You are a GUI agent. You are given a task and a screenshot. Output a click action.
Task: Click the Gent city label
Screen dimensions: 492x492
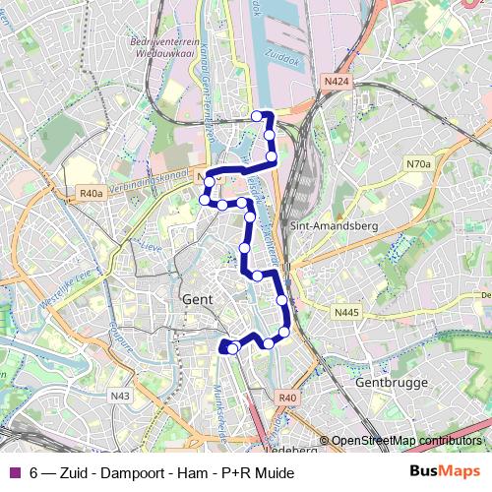coord(198,298)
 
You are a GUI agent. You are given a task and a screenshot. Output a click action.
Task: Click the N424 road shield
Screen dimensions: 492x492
coord(336,82)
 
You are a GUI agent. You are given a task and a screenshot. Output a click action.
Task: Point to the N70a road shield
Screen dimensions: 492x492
coord(418,164)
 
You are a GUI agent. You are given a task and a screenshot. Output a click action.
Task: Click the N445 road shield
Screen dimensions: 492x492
coord(347,313)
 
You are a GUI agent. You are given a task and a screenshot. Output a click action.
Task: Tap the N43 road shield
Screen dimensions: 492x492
coord(120,396)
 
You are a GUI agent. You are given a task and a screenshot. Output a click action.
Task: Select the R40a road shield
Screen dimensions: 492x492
coord(92,194)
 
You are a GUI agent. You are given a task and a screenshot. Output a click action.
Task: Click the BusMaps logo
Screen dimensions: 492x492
coord(446,472)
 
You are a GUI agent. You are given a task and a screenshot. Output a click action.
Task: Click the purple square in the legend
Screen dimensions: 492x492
coord(14,473)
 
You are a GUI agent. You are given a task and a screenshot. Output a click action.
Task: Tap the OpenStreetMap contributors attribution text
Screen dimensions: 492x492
coord(405,441)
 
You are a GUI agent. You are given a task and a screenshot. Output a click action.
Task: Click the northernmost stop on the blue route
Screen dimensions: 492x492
coord(258,116)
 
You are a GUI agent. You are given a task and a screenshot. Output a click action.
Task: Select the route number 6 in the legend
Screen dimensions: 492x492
coord(34,473)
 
